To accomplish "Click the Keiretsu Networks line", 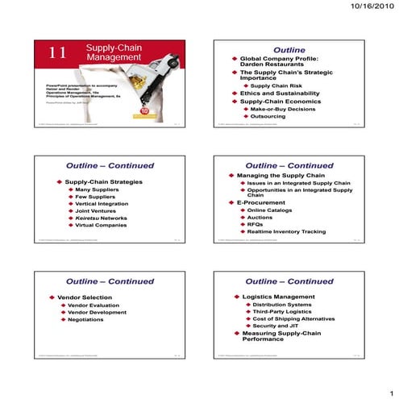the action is pos(101,217).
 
